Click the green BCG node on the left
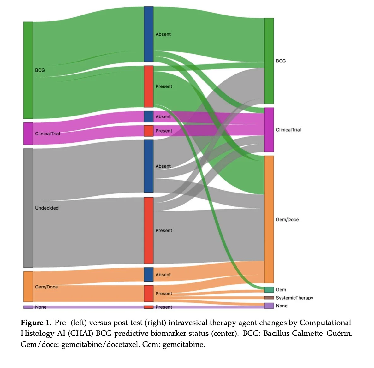[28, 70]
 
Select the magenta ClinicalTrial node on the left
[28, 134]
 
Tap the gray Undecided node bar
[28, 208]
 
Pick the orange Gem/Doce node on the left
[28, 287]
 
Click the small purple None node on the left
[28, 307]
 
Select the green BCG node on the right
[269, 61]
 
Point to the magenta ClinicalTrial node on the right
[269, 130]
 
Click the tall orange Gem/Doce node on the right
[269, 219]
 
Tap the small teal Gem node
[269, 290]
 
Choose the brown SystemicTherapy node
[269, 298]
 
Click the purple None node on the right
[269, 306]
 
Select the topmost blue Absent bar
[149, 34]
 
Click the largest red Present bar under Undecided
[149, 230]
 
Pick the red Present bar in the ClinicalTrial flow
[149, 131]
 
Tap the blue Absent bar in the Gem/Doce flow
[149, 275]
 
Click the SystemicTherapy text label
[294, 298]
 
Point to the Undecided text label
[47, 208]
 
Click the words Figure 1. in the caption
[36, 323]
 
